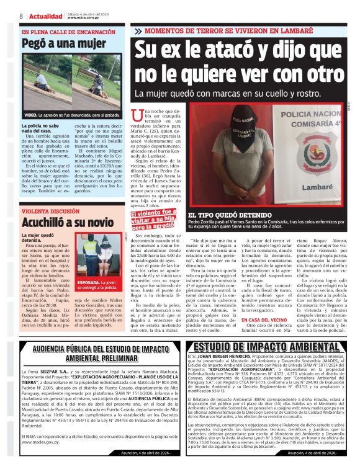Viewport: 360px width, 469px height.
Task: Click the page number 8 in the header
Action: click(20, 16)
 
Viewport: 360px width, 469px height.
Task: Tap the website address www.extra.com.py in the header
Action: click(83, 17)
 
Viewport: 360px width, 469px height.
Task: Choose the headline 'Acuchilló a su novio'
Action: click(68, 221)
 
